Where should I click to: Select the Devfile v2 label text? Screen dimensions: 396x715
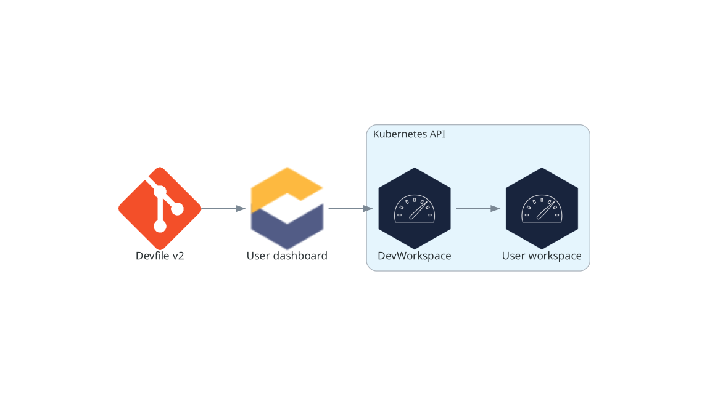[x=160, y=256]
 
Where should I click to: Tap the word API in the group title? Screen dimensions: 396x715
[x=437, y=134]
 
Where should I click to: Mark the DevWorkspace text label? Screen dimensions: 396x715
[x=415, y=256]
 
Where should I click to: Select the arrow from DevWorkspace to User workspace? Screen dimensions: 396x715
[x=477, y=208]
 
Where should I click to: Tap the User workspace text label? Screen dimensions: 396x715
[x=542, y=256]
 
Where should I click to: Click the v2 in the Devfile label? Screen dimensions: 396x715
[x=178, y=256]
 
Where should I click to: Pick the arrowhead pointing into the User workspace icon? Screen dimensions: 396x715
[x=495, y=208]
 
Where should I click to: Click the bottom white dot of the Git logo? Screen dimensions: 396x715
[x=160, y=226]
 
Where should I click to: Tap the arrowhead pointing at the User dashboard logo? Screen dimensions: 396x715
[x=241, y=208]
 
